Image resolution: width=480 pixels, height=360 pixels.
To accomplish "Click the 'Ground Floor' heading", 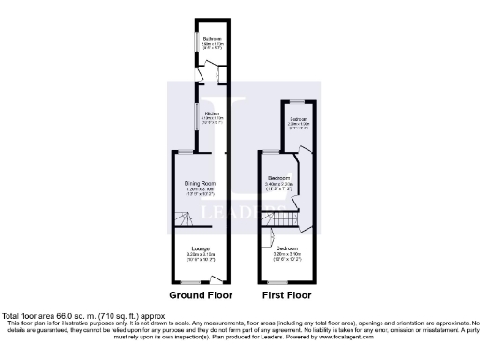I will click(199, 295).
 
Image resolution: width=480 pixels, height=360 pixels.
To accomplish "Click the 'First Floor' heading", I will click(286, 295).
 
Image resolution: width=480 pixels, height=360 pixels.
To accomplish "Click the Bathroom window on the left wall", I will click(195, 45).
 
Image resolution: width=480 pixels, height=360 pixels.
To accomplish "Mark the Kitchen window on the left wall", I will click(195, 116).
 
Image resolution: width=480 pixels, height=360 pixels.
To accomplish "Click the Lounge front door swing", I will click(217, 277).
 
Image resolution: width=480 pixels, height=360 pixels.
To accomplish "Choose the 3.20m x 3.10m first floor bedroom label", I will click(287, 247).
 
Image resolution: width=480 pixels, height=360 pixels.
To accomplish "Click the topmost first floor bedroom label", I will click(298, 119).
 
